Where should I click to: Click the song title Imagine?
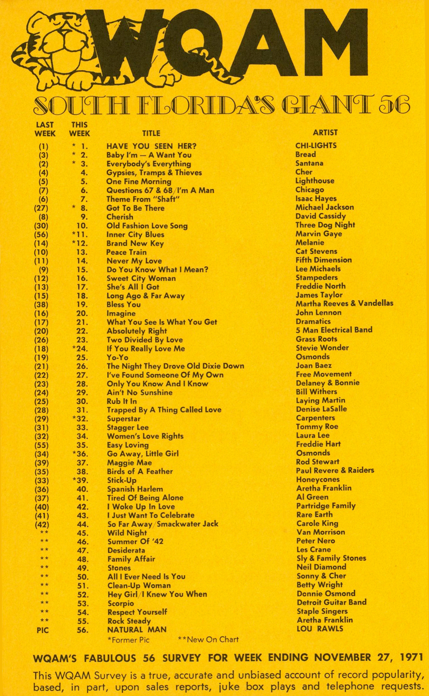(121, 313)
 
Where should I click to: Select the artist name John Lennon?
(318, 313)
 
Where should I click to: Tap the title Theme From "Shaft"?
(143, 199)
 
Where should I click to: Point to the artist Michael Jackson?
(325, 207)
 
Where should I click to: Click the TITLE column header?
(151, 133)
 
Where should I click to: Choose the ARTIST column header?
(325, 133)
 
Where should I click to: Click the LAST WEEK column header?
(45, 129)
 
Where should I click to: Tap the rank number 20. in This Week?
(82, 313)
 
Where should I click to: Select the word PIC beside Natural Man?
(43, 630)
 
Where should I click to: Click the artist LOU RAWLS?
(319, 629)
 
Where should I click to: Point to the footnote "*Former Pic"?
(128, 640)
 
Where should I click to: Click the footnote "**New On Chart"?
(208, 639)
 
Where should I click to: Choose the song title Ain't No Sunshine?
(139, 392)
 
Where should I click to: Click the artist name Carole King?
(317, 523)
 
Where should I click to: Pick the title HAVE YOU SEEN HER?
(151, 146)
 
